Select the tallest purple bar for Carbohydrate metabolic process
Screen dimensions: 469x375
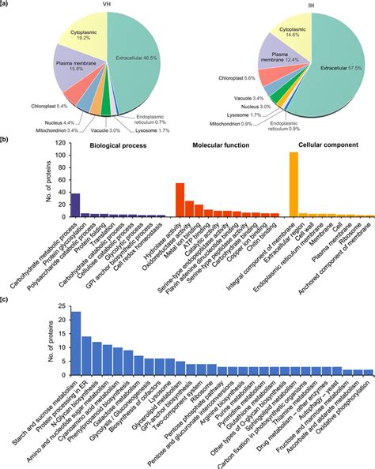76,204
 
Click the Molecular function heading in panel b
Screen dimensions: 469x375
216,145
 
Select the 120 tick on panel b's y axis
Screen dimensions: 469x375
57,142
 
